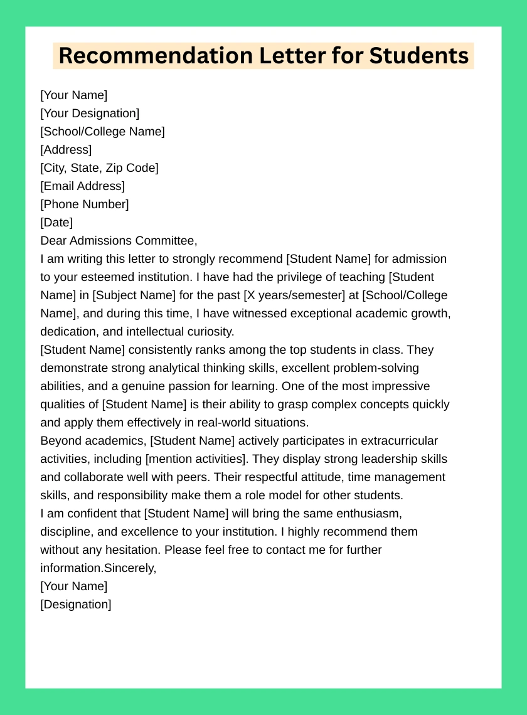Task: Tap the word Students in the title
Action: click(x=418, y=56)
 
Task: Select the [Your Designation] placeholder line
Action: click(x=90, y=114)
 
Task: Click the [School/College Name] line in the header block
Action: click(x=102, y=132)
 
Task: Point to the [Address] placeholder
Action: click(x=66, y=150)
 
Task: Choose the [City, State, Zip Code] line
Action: click(x=99, y=168)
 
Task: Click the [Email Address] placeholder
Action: click(x=82, y=186)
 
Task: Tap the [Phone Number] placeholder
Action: click(x=84, y=204)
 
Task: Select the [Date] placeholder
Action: click(x=56, y=223)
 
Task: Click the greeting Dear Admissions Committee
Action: click(x=119, y=241)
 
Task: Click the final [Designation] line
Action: click(x=75, y=605)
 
